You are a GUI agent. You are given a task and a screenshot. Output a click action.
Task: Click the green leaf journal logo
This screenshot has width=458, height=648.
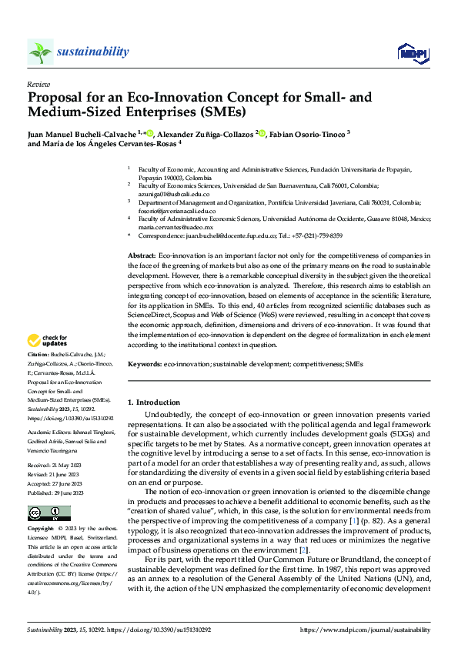pyautogui.click(x=41, y=52)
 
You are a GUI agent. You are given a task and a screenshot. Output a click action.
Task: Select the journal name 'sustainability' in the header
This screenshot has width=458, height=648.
pyautogui.click(x=92, y=52)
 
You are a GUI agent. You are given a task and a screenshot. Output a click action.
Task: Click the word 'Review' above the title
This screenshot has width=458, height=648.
pyautogui.click(x=38, y=84)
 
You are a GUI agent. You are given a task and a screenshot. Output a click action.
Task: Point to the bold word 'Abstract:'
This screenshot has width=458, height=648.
pyautogui.click(x=140, y=254)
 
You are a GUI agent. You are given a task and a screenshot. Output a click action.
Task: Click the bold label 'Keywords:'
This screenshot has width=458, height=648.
pyautogui.click(x=144, y=362)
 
